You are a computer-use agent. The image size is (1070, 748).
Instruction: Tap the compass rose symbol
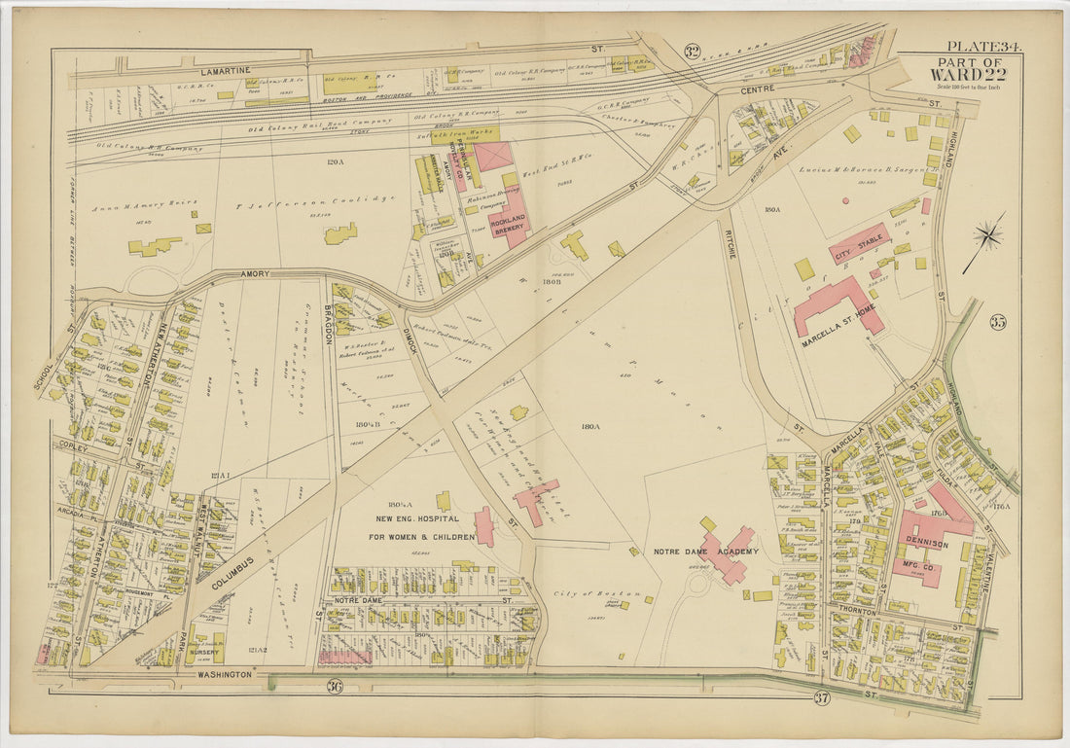point(987,235)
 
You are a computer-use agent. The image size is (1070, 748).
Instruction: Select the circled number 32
point(692,52)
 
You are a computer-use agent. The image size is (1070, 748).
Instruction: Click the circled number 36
point(334,689)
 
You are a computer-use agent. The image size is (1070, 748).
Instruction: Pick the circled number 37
point(821,696)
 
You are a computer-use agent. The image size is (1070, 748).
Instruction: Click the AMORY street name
point(254,275)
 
